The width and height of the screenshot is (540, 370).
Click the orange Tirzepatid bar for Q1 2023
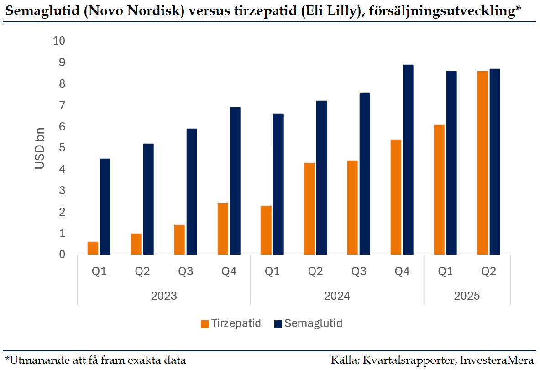93,248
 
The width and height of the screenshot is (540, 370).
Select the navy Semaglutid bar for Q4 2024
408,160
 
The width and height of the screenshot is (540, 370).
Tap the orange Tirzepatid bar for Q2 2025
482,163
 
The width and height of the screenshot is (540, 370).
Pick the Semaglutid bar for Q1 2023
105,207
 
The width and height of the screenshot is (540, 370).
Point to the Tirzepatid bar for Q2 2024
309,208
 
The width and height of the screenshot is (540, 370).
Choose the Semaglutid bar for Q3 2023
191,192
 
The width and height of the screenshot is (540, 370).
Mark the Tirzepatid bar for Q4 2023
223,229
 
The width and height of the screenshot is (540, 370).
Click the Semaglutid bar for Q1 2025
451,163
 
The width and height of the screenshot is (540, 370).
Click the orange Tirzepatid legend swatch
204,324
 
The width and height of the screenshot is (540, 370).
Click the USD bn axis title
40,148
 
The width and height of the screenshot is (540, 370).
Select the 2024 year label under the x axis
337,296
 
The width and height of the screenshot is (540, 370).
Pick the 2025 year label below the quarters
467,296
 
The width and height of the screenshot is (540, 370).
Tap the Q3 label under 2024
359,272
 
